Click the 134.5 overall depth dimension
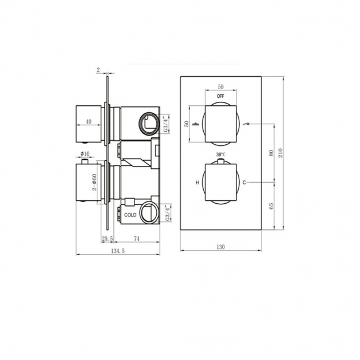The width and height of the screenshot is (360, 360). (x=118, y=251)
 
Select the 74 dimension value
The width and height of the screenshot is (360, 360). (x=136, y=239)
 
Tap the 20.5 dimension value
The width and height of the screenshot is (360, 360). (x=107, y=239)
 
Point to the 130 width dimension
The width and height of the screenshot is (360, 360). (x=220, y=247)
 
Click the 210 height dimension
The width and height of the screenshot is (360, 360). (x=280, y=153)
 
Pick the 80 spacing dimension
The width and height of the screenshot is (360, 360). (x=271, y=153)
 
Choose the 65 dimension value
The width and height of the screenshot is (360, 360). (x=271, y=206)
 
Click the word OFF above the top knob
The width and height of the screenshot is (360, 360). (x=220, y=96)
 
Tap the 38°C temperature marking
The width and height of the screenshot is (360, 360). (x=221, y=155)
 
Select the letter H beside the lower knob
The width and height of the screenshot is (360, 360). (x=197, y=183)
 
